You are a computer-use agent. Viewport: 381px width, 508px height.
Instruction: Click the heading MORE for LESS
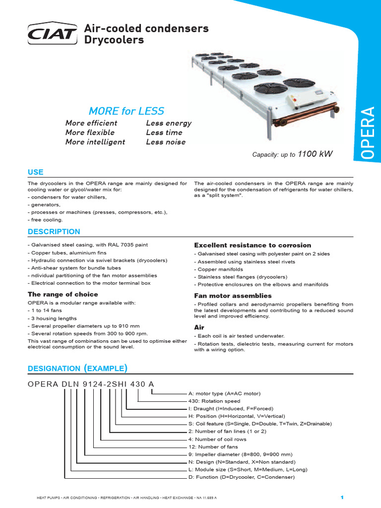126,111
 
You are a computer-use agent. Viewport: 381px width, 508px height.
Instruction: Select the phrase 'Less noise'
166,142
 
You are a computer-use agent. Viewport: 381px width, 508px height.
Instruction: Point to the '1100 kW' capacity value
315,154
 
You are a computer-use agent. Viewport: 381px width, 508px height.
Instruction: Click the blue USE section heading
35,172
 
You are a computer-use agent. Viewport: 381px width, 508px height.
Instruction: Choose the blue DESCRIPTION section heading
54,232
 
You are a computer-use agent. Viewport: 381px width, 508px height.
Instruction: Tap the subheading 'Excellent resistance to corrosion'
253,245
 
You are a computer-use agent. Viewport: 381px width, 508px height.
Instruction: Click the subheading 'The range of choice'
63,294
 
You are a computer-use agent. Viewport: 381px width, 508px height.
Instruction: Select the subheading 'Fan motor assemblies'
233,296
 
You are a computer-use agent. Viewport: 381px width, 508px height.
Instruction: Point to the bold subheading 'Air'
199,327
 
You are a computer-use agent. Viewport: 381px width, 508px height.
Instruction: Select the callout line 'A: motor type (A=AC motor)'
224,393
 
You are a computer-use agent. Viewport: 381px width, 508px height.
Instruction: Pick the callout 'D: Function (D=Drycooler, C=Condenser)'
241,477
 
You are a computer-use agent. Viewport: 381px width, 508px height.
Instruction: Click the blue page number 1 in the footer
342,497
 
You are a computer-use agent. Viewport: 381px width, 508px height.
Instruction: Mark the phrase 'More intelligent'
95,142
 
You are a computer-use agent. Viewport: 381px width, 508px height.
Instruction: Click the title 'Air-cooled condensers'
147,29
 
